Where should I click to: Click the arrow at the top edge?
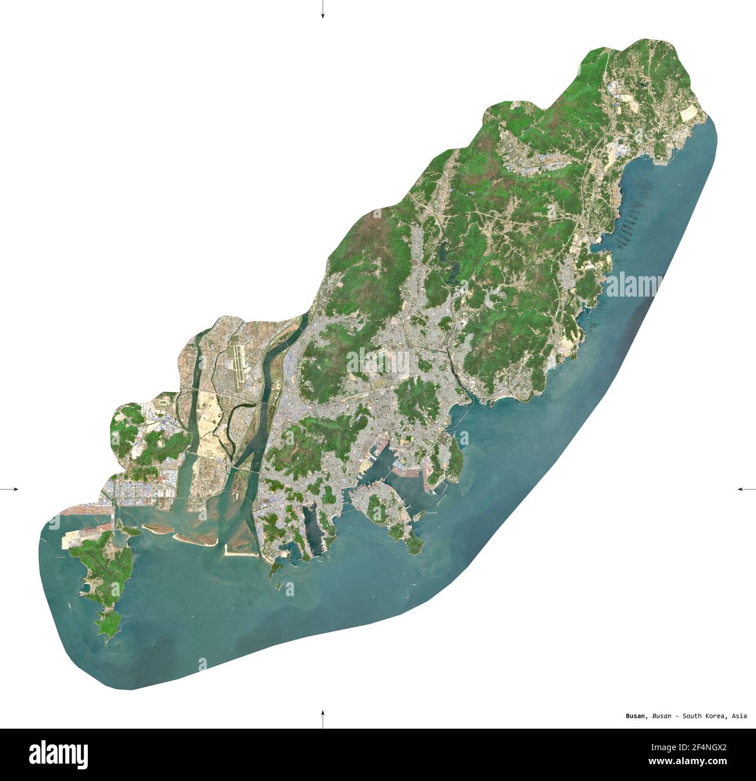click(322, 10)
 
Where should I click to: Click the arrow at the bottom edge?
click(322, 719)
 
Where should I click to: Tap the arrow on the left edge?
click(10, 489)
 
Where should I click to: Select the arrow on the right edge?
click(746, 489)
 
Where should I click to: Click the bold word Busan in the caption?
click(636, 716)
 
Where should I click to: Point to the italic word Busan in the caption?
click(662, 716)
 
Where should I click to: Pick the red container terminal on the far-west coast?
click(81, 512)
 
